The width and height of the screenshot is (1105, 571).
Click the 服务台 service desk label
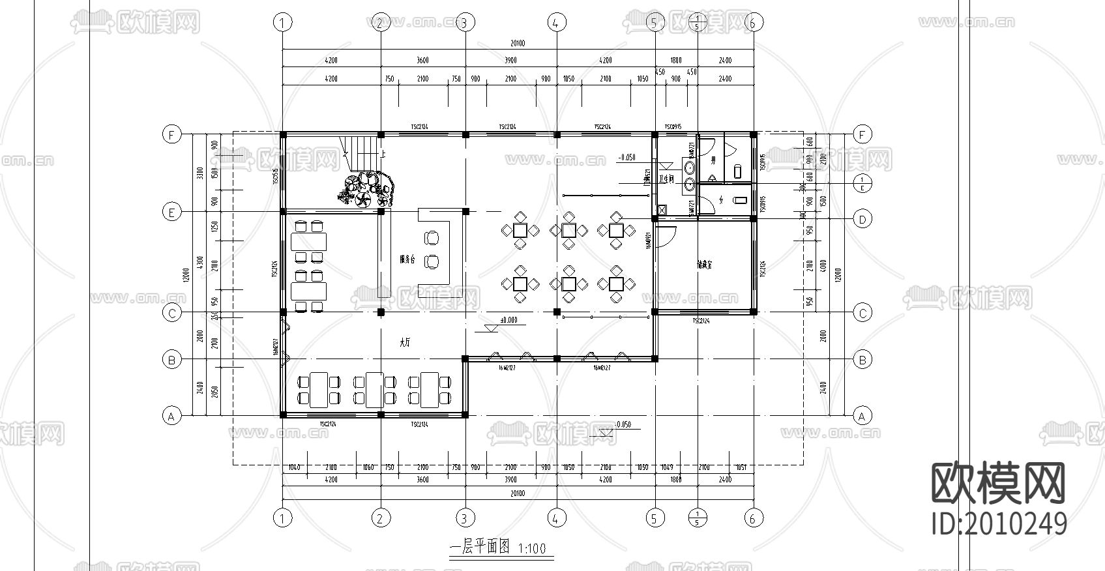coord(407,259)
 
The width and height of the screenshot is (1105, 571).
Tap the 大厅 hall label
coord(405,342)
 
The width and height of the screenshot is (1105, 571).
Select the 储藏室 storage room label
coord(704,265)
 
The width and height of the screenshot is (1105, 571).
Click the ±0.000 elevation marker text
coord(508,320)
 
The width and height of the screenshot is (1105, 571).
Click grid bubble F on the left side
coord(171,135)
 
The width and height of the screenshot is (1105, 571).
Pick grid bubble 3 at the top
coord(464,23)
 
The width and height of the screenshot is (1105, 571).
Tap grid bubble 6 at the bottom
coord(753,518)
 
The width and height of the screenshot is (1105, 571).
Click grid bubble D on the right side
coord(862,219)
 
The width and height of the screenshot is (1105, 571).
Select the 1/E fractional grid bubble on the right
coord(862,184)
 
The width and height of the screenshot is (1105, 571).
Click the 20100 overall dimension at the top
coord(517,44)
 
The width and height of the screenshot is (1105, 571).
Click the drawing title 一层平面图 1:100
coord(499,548)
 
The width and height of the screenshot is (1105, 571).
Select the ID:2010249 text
coord(999,523)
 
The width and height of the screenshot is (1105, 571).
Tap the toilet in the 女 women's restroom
coord(739,199)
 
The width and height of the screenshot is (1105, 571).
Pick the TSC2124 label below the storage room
coord(701,321)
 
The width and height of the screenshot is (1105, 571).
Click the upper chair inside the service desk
coord(432,237)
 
